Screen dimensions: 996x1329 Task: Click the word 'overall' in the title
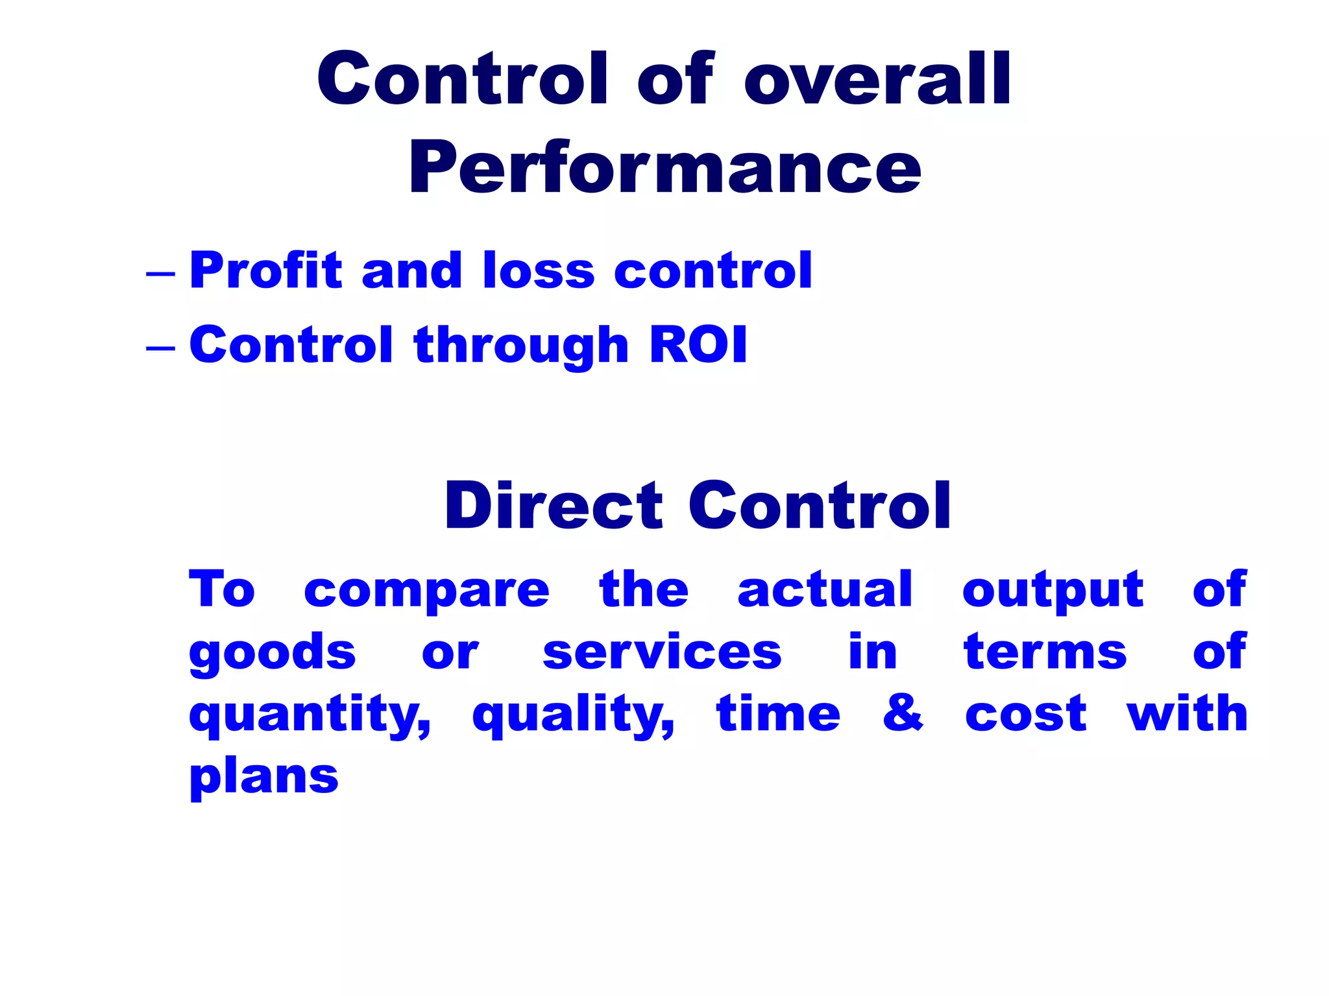877,80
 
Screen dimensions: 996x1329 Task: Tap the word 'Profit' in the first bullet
265,270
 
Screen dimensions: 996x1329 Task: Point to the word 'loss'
539,270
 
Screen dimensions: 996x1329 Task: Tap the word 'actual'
825,589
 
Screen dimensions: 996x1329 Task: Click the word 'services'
662,652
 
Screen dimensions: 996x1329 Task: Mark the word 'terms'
1045,652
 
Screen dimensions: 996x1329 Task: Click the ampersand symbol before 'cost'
903,713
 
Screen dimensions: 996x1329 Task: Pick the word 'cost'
1025,715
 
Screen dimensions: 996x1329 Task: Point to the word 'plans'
263,777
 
